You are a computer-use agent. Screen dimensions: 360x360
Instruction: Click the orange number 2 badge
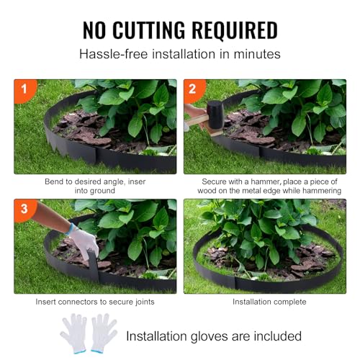coord(192,89)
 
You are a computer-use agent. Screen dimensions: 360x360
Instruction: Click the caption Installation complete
coord(264,302)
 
